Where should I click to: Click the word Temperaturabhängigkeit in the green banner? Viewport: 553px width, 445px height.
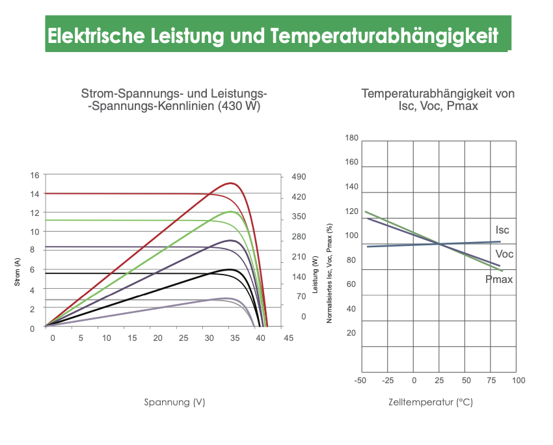384,36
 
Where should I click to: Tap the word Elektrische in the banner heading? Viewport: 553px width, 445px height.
96,35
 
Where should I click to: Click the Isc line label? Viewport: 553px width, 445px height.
502,230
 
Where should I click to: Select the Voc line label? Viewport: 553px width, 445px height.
504,254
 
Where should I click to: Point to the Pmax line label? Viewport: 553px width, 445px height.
499,279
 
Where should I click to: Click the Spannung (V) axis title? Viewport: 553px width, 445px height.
174,402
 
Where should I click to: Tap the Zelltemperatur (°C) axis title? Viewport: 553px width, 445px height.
431,402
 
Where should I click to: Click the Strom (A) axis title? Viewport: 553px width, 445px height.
18,272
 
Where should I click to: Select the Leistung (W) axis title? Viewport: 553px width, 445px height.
316,275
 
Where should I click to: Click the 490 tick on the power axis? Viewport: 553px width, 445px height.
299,177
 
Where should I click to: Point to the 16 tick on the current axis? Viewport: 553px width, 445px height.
34,175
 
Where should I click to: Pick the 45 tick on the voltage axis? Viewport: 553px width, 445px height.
288,338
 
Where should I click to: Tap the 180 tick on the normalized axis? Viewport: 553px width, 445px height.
351,138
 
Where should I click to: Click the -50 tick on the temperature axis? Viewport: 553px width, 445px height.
360,381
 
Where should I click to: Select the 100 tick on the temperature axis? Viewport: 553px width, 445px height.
519,381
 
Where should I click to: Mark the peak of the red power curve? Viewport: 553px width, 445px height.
231,183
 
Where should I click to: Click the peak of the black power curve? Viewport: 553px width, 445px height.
230,269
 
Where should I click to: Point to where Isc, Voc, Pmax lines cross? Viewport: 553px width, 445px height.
439,244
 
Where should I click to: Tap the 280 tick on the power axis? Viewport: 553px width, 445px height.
299,237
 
